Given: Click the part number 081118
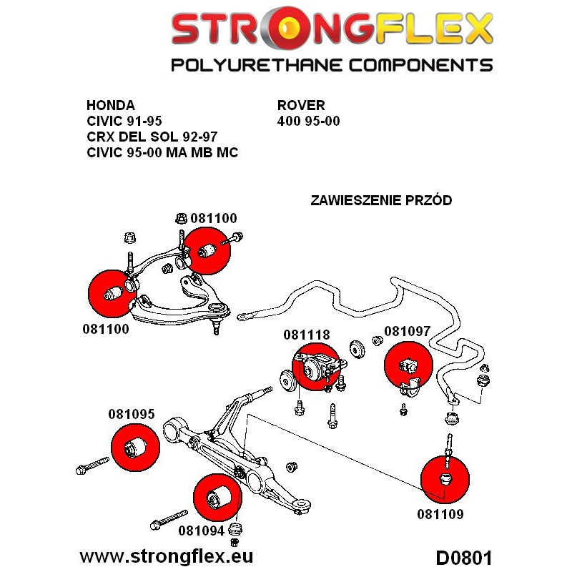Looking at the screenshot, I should [x=306, y=335].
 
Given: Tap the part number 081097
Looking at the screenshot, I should [x=408, y=331].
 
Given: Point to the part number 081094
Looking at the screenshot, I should [x=201, y=531].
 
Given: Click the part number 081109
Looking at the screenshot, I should [x=441, y=513].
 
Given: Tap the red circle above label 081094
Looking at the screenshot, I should [x=217, y=496].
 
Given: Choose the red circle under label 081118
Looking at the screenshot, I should [x=315, y=367].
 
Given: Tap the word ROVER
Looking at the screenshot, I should [x=300, y=104].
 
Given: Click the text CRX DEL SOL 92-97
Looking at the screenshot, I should [x=152, y=136].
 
